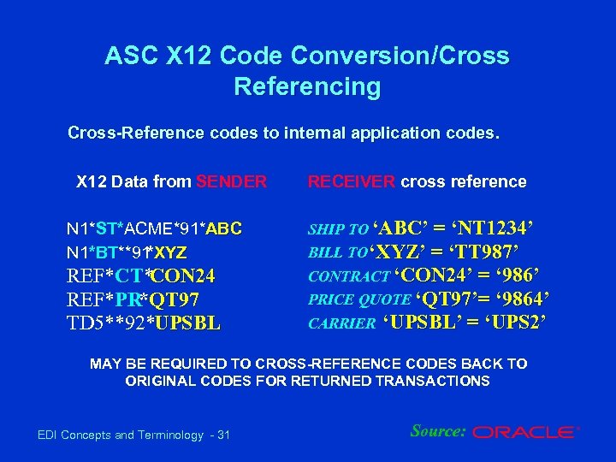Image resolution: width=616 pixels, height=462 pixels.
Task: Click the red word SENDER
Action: click(231, 181)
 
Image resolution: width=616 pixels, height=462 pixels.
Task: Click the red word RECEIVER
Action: click(352, 181)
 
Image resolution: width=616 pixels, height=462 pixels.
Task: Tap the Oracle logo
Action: click(525, 433)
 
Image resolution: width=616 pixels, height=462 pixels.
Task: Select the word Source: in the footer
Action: click(438, 431)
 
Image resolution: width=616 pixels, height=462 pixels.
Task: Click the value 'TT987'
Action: click(477, 252)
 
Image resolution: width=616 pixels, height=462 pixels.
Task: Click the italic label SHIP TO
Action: click(338, 230)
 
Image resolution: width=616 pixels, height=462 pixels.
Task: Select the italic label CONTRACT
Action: click(347, 277)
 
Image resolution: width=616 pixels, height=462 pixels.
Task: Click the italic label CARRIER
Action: click(341, 324)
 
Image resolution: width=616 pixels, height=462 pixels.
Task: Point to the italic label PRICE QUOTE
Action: click(358, 300)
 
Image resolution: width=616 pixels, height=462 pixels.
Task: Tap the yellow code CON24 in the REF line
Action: click(185, 276)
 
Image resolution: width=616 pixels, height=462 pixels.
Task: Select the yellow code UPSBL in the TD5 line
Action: click(184, 323)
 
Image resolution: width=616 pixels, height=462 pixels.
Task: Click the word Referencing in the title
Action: click(306, 86)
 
